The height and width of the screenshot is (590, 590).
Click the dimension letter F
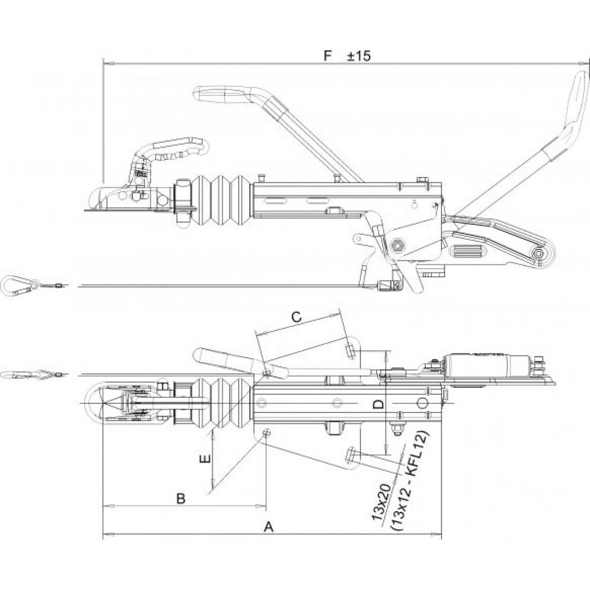tap(328, 56)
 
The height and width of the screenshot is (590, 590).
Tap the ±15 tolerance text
tap(359, 56)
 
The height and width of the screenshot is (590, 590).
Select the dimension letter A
tap(268, 527)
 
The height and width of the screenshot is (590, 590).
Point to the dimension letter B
tap(181, 499)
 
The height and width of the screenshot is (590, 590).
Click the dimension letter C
tap(297, 317)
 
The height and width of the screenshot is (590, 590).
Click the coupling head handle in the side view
tap(175, 149)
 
